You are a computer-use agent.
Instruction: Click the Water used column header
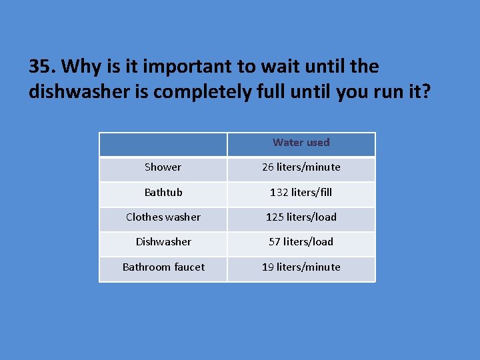click(301, 143)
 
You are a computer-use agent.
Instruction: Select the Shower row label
click(163, 167)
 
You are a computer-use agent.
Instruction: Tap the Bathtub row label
click(163, 193)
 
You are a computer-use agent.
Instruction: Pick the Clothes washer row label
click(163, 217)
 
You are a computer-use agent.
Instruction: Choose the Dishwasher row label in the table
click(163, 242)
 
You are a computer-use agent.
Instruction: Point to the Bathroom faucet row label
click(163, 267)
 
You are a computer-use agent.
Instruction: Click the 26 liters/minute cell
click(301, 167)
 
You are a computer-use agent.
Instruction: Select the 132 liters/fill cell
click(301, 193)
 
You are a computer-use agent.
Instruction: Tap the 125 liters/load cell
click(301, 217)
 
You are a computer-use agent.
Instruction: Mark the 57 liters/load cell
click(301, 242)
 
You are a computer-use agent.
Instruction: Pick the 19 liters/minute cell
click(301, 267)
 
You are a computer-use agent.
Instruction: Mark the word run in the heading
click(384, 92)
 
